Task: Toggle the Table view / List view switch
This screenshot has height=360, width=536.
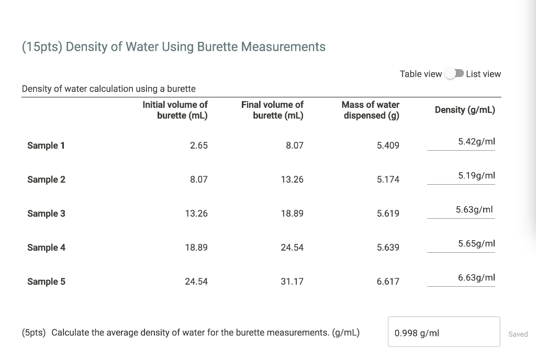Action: tap(454, 74)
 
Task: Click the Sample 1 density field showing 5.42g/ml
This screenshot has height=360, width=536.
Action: tap(461, 142)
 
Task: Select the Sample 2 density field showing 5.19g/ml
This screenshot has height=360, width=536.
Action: tap(461, 176)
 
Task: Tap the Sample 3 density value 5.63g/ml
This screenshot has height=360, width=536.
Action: tap(461, 210)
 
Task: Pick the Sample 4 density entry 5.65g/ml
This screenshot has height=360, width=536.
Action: tap(461, 244)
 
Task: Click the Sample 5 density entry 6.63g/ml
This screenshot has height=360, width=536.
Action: tap(461, 278)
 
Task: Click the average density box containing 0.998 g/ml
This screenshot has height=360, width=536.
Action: tap(443, 332)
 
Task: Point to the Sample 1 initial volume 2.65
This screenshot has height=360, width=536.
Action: tap(198, 145)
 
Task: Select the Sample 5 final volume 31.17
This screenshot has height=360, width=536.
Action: tap(292, 282)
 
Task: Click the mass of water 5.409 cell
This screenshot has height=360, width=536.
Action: tap(388, 145)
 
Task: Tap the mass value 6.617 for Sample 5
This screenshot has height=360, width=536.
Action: tap(388, 282)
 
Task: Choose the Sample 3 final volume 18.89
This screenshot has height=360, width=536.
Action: tap(292, 213)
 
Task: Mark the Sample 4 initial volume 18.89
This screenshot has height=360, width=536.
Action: tap(196, 248)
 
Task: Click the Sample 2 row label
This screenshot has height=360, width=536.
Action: tap(46, 179)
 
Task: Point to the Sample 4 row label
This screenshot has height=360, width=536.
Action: tap(46, 248)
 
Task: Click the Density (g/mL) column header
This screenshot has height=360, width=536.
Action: tap(465, 110)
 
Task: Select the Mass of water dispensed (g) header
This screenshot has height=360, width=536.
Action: tap(371, 110)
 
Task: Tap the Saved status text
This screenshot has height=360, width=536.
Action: tap(518, 334)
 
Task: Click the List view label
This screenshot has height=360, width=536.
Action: tap(483, 74)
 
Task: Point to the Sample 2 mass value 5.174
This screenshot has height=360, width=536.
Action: tap(388, 179)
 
